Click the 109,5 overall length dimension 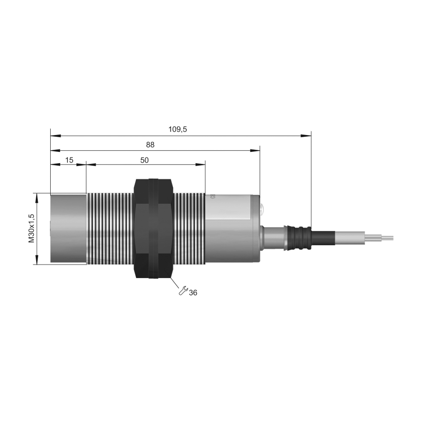[x=178, y=130]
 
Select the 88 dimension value [x=150, y=145]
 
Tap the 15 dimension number [x=69, y=160]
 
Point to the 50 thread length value [x=144, y=160]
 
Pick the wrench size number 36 [x=193, y=292]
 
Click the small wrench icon [x=183, y=291]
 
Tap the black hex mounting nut [x=154, y=228]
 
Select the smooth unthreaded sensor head [x=68, y=228]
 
